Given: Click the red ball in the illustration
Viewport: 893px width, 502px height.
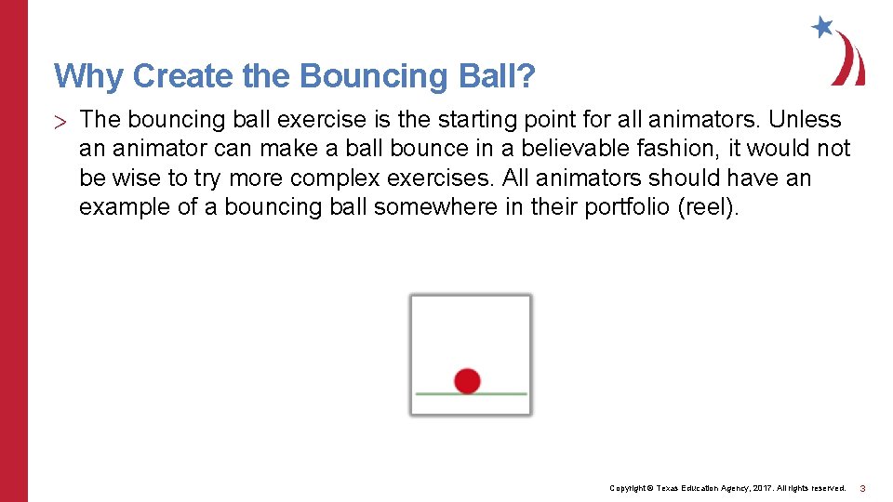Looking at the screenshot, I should point(467,380).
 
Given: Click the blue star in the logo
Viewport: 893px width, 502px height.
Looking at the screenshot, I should point(821,26).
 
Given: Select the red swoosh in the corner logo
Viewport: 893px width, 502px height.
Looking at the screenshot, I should point(849,60).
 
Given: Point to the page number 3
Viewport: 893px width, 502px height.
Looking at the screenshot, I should point(862,488).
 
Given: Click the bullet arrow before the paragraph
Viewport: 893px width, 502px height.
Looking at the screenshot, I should point(60,121).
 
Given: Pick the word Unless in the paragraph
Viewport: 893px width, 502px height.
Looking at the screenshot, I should point(805,120).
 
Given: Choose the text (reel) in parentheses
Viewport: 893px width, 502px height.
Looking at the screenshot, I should point(710,206).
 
